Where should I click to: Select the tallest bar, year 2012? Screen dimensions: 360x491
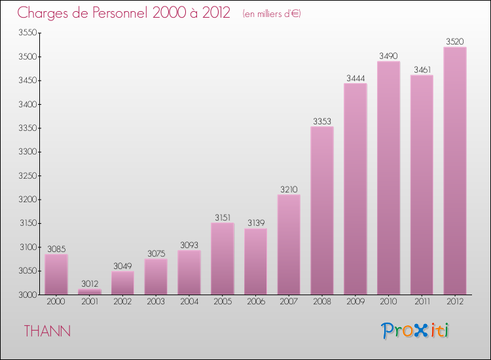click(x=455, y=170)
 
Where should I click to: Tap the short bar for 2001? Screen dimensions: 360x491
click(x=90, y=291)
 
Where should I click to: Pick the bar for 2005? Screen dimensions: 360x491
click(x=223, y=259)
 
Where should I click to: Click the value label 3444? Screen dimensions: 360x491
click(x=355, y=79)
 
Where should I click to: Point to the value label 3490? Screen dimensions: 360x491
click(x=389, y=56)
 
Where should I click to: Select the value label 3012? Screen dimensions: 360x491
click(x=90, y=284)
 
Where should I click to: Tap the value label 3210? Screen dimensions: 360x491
click(x=289, y=190)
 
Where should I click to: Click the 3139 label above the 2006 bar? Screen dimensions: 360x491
click(x=256, y=223)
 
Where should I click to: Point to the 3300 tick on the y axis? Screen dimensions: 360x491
click(x=27, y=152)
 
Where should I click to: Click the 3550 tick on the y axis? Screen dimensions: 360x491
click(x=27, y=33)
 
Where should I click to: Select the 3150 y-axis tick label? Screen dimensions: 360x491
click(x=27, y=223)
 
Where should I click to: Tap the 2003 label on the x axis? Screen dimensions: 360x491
click(x=156, y=302)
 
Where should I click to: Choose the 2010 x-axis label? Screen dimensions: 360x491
click(x=389, y=302)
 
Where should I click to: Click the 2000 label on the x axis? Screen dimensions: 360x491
click(x=56, y=302)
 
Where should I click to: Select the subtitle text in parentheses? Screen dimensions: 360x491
click(x=271, y=14)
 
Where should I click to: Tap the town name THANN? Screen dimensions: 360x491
click(x=47, y=331)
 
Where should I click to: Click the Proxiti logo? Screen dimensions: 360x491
click(x=415, y=331)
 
